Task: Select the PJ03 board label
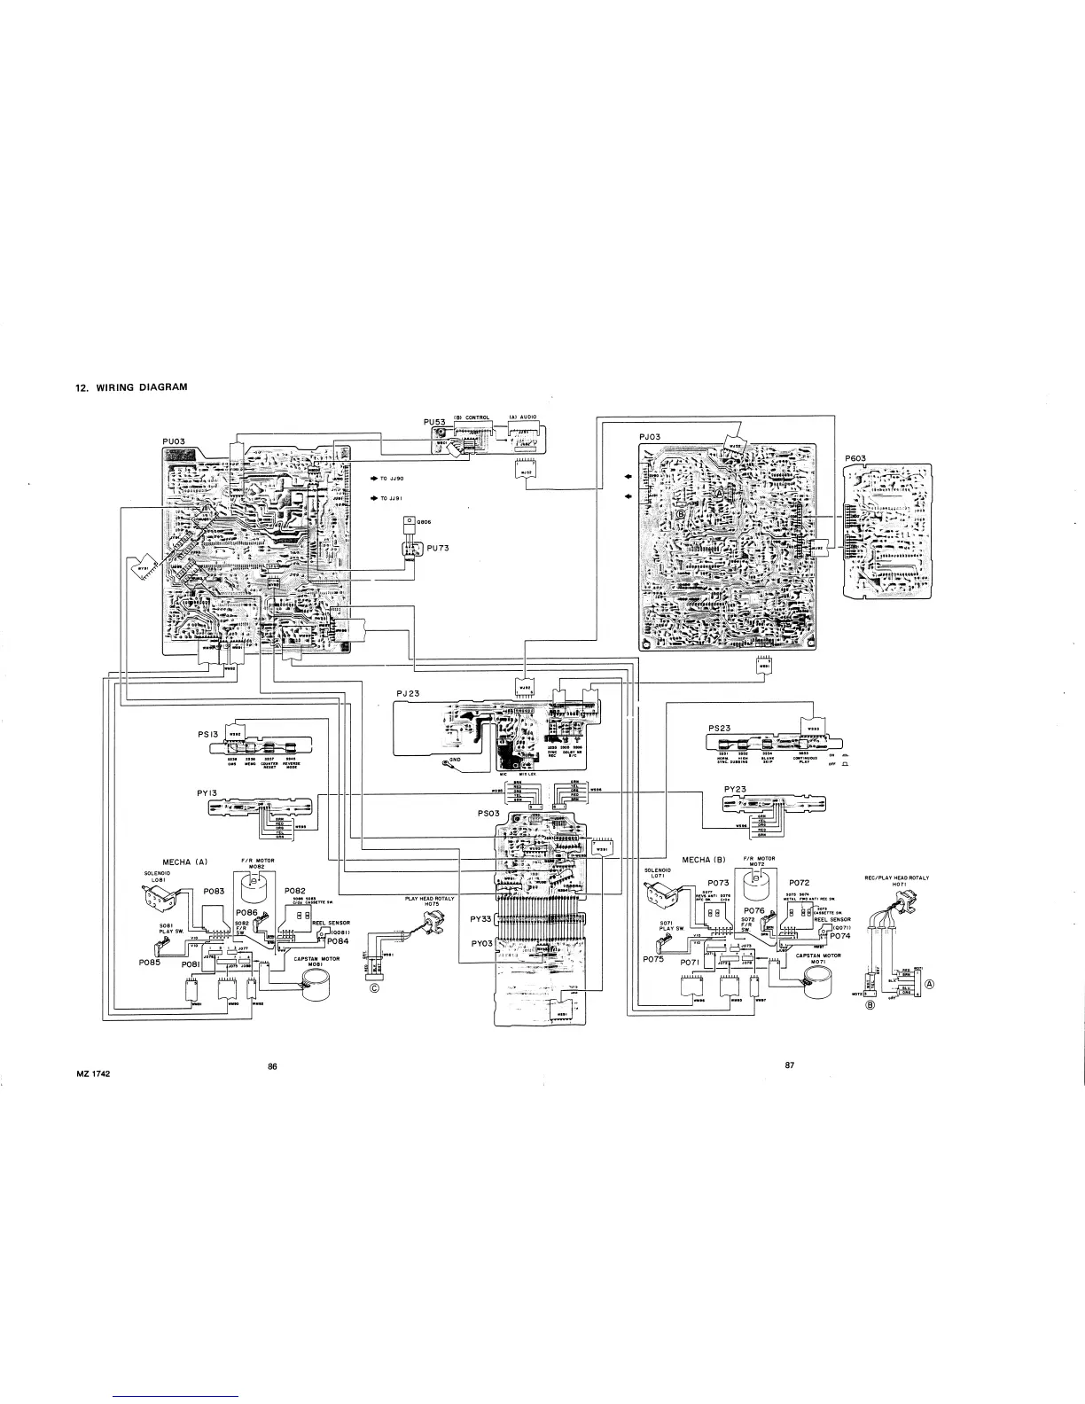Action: [650, 436]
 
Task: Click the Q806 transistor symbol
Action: [409, 521]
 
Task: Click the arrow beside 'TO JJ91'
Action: [374, 497]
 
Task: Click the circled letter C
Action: [375, 990]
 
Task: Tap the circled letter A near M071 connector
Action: [929, 984]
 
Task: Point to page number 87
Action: [790, 1065]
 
